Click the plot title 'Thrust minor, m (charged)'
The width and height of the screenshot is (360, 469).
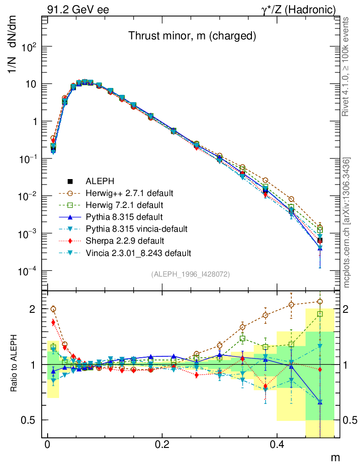click(191, 36)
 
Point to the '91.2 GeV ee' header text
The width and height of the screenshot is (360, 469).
click(78, 10)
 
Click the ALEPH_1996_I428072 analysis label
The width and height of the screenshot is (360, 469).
click(190, 274)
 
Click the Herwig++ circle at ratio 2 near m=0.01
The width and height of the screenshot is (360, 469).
click(53, 309)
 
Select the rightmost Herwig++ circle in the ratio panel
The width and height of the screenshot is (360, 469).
click(320, 301)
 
